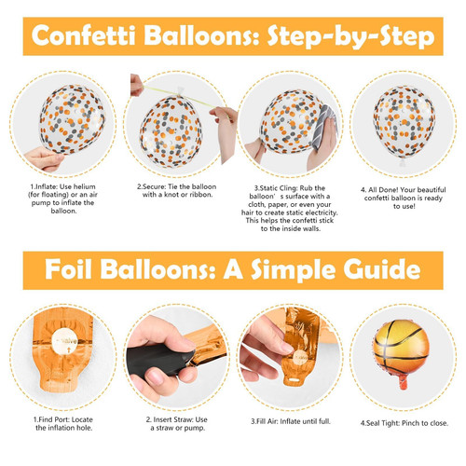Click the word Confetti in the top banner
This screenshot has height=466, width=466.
pos(84,35)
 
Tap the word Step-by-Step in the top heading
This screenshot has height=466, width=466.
pos(350,37)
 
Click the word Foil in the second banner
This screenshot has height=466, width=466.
pos(68,269)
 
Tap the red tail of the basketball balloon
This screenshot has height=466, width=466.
pos(403,381)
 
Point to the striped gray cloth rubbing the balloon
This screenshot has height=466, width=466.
pos(323,126)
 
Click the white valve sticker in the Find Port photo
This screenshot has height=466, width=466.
pos(64,341)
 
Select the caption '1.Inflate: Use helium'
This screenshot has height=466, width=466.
pos(62,186)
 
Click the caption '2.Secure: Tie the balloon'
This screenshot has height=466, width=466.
pos(176,186)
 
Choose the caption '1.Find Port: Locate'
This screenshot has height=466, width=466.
pos(63,419)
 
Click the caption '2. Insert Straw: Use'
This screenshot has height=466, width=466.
pos(177,419)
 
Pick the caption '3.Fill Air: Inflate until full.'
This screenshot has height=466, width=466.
pos(291,421)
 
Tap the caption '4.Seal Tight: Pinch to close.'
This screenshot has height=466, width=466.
pos(404,423)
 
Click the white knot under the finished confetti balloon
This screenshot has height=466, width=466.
pos(403,162)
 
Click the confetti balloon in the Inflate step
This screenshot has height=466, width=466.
pos(72,119)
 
